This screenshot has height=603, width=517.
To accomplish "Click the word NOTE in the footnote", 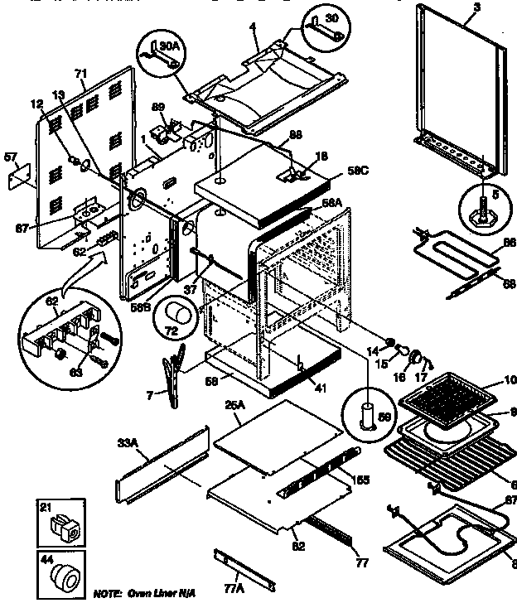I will [x=108, y=595].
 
